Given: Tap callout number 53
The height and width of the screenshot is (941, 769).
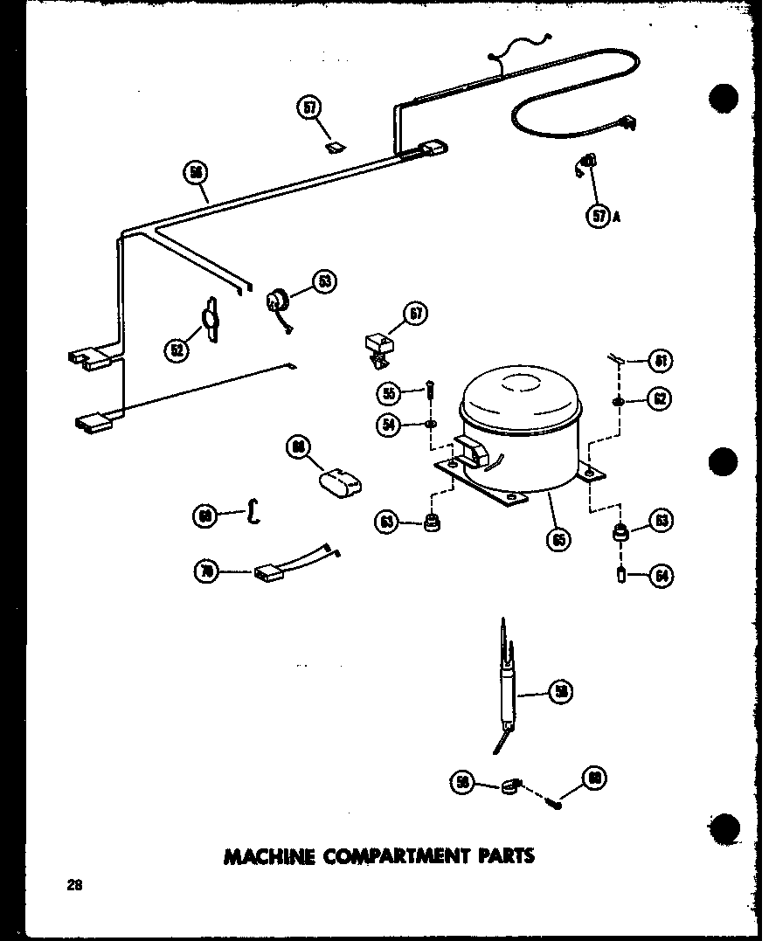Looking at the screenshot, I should (x=325, y=281).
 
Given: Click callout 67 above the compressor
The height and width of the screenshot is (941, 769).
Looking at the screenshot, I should (x=413, y=315).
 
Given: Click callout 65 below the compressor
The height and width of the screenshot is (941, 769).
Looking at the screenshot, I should (x=557, y=539).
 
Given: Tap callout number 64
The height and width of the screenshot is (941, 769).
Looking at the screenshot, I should (x=661, y=576).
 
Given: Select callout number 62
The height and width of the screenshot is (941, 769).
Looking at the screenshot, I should (x=661, y=399).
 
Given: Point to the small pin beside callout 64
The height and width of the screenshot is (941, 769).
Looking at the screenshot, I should (x=620, y=576).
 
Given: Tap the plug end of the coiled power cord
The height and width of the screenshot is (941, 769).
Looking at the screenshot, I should (x=624, y=126).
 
